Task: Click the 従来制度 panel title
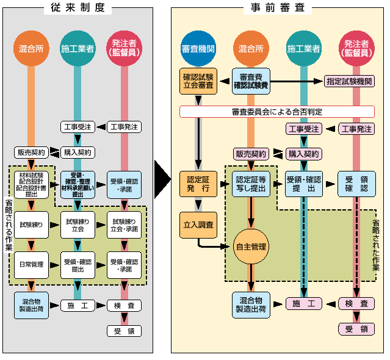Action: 78,8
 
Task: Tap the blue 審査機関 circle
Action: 198,49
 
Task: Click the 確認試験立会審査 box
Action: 198,81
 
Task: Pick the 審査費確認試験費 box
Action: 251,81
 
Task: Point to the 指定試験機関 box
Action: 349,81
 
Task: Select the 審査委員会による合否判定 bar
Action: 276,112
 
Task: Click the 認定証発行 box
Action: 198,184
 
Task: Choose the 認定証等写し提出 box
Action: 251,184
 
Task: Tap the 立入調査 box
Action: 198,225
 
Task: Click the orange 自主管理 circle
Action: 251,247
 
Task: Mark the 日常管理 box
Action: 31,264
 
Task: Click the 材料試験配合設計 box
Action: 31,184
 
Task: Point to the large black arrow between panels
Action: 161,180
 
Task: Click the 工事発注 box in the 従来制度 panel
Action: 124,128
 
